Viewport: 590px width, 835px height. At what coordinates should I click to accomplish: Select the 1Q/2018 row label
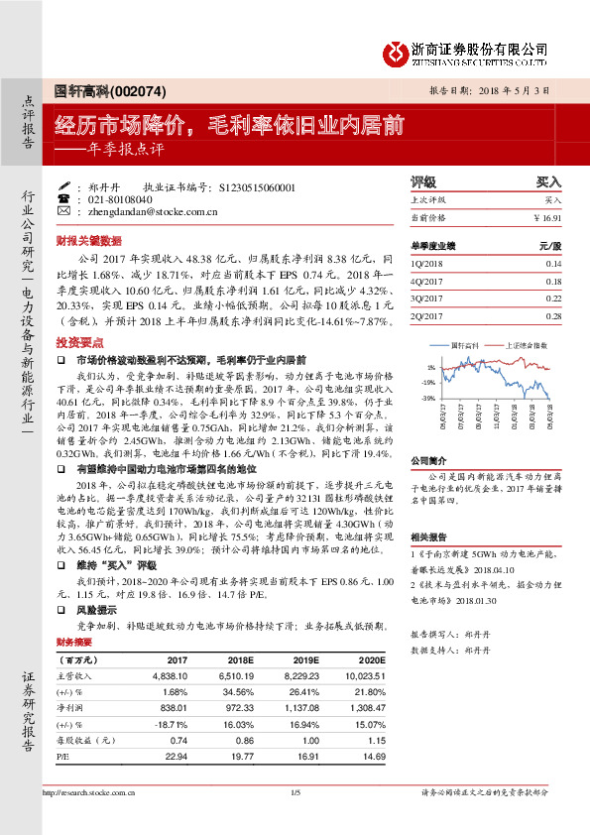(x=425, y=264)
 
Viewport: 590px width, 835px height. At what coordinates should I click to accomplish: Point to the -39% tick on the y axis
(x=427, y=398)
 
